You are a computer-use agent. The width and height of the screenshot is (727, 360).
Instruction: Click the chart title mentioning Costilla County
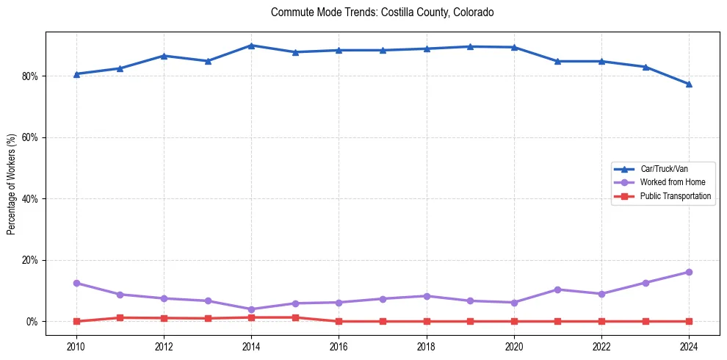point(382,12)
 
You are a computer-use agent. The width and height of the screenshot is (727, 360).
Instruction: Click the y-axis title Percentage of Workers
point(12,184)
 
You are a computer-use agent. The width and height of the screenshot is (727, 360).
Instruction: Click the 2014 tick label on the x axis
point(251,346)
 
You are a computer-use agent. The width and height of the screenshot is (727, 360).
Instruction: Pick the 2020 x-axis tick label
point(514,346)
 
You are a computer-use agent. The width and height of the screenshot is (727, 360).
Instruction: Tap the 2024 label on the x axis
point(689,346)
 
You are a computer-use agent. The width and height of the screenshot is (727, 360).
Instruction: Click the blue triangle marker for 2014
point(251,46)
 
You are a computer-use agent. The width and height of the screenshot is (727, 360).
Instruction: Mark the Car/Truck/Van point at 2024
point(689,84)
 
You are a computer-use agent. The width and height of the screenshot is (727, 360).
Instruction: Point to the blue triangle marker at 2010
point(76,74)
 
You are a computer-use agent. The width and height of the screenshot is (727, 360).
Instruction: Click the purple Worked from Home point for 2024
point(689,273)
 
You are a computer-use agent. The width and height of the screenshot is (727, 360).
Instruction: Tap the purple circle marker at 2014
point(251,309)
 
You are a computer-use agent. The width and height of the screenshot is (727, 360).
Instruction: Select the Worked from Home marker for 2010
point(76,283)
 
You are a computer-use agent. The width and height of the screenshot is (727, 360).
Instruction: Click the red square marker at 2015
point(295,317)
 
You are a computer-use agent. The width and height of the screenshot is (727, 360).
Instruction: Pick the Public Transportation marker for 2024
point(689,321)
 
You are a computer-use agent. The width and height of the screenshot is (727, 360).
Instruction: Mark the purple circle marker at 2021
point(557,289)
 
